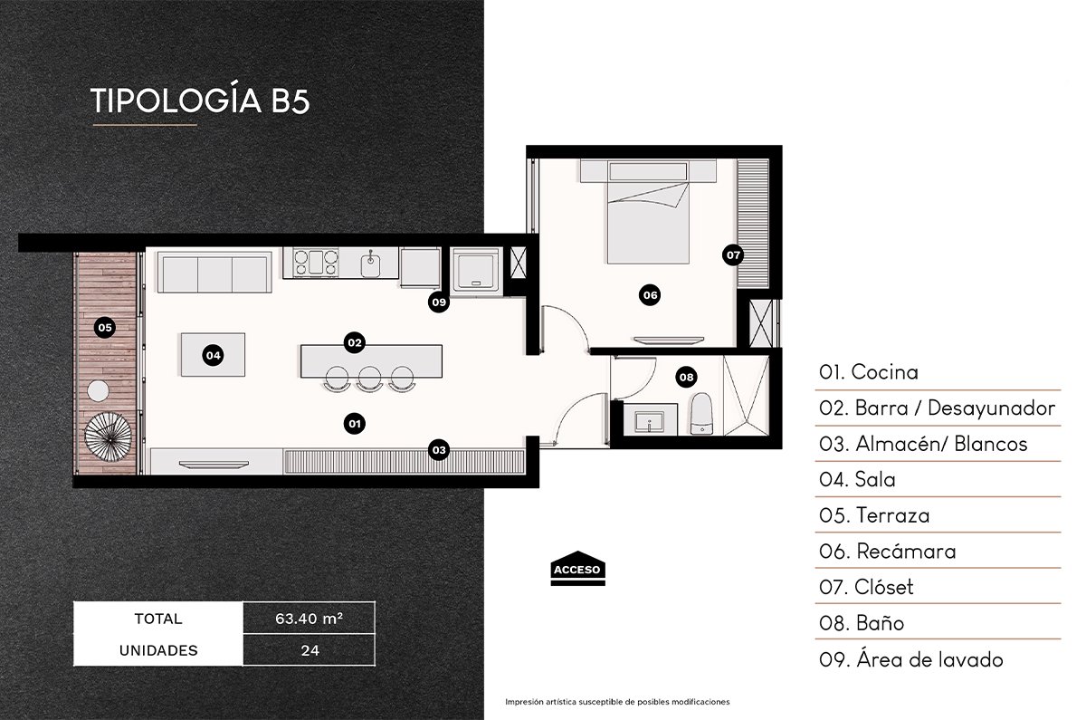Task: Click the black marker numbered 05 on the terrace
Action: point(105,327)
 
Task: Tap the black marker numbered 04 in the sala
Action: point(213,355)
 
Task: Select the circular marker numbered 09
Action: point(439,303)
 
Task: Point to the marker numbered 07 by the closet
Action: point(733,255)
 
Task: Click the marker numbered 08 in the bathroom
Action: point(686,376)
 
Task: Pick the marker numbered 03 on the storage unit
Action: point(439,449)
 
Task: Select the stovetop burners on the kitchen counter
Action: point(313,264)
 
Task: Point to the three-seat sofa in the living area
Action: point(214,273)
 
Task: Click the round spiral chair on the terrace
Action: point(109,438)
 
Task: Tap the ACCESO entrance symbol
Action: point(577,569)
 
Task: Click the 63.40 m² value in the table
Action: point(309,619)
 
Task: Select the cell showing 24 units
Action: point(309,649)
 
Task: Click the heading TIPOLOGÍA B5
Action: point(200,101)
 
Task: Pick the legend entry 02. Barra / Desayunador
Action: point(937,408)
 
